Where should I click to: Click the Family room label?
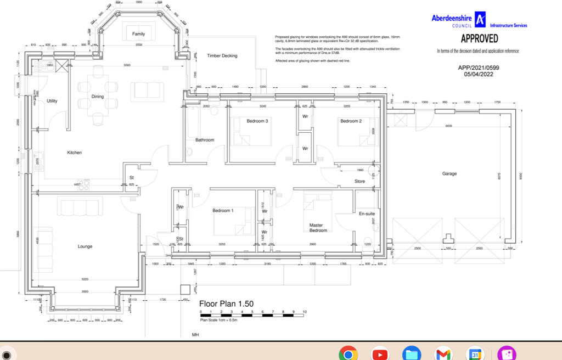tap(139, 34)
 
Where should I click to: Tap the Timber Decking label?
tap(222, 56)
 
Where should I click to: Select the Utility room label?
tap(52, 101)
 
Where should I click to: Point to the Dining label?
tap(98, 97)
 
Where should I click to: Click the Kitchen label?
tap(75, 153)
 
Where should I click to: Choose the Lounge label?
tap(85, 246)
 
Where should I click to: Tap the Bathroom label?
tap(205, 140)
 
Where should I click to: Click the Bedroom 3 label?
tap(257, 121)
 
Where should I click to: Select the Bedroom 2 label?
tap(351, 121)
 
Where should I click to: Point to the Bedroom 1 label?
tap(223, 211)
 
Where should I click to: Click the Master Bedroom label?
tap(318, 228)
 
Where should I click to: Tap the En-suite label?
tap(366, 213)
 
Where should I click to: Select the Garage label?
tap(449, 174)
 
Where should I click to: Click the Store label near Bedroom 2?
tap(359, 181)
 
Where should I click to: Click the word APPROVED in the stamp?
tap(479, 39)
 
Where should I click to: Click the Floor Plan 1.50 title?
tap(226, 303)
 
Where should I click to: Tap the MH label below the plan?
tap(195, 334)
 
